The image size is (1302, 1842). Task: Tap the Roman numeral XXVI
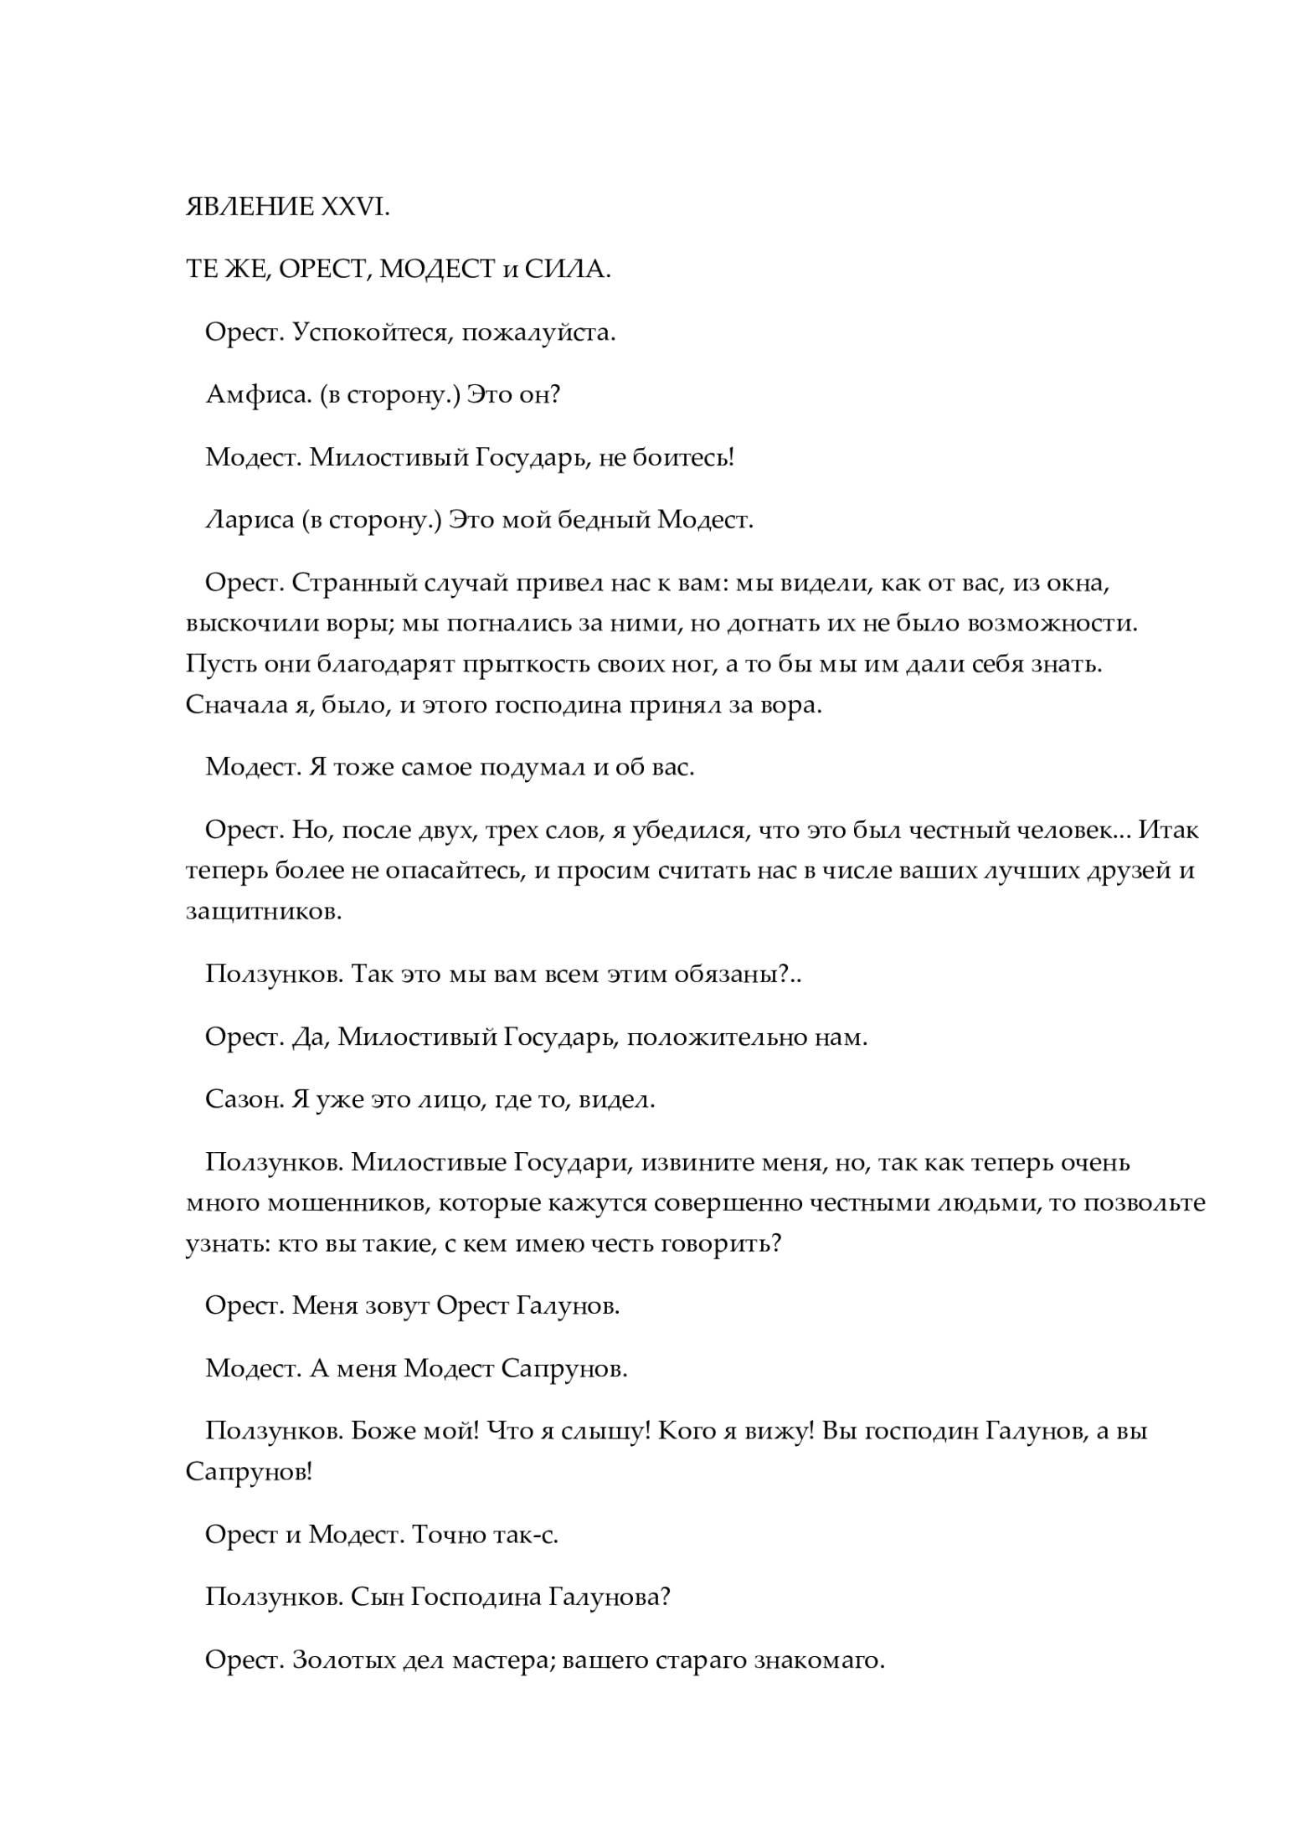pos(355,208)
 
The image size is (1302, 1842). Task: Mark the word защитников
pos(264,912)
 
